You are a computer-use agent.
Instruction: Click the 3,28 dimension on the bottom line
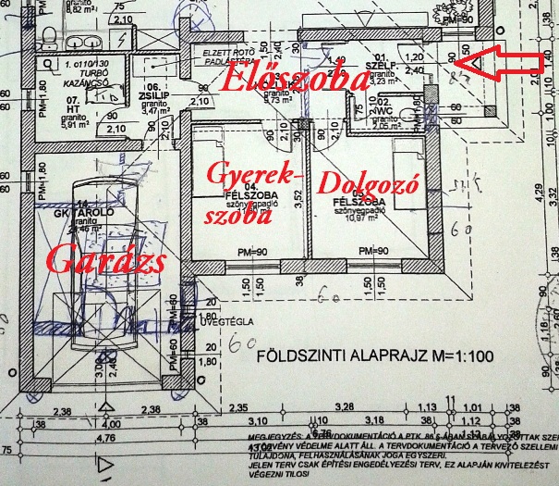346,406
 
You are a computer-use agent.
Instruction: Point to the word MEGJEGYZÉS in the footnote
268,434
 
